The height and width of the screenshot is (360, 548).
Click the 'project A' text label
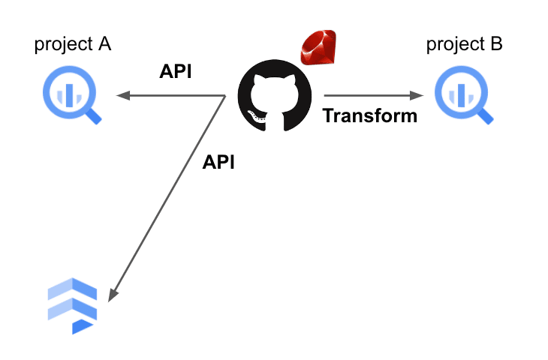pos(73,44)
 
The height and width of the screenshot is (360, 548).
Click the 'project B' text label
pos(464,44)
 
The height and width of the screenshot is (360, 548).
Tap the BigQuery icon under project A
pos(71,95)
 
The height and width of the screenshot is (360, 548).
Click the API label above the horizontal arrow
pos(176,72)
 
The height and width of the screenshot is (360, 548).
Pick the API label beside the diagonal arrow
pos(218,162)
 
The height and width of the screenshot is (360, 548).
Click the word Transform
pos(369,116)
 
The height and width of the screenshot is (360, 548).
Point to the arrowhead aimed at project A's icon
pos(120,95)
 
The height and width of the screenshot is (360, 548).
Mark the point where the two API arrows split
pos(225,95)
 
